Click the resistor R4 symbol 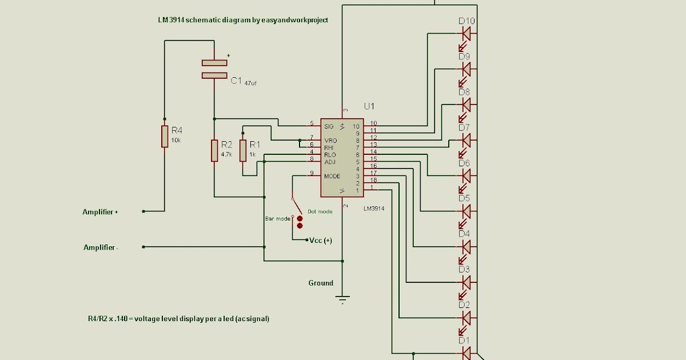coord(165,137)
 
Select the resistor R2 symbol coord(214,150)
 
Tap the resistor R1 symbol coord(243,150)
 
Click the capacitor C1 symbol coord(214,69)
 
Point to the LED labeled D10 coord(466,34)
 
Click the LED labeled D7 coord(466,140)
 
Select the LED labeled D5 coord(466,211)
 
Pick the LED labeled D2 coord(466,318)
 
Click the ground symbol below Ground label coord(342,298)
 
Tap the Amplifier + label coord(100,212)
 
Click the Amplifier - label coord(101,247)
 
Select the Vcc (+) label coord(321,241)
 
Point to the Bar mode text coord(277,218)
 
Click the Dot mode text coord(320,211)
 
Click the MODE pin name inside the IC coord(332,176)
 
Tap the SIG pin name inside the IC coord(329,126)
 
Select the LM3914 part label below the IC coord(373,209)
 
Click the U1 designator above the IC coord(369,106)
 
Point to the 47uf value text coord(250,83)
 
